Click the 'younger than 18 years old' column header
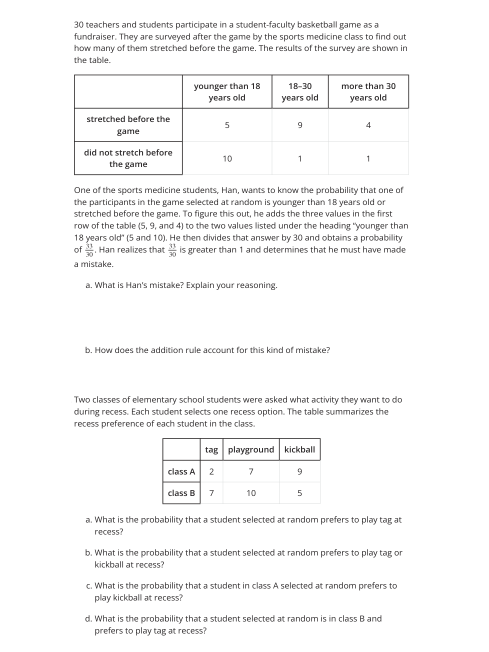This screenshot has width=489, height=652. click(x=227, y=92)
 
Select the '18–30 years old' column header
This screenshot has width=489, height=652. click(x=300, y=92)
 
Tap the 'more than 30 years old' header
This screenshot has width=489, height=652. click(x=368, y=92)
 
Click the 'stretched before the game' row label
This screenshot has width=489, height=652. click(x=128, y=125)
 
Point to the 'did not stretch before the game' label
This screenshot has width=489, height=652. click(x=128, y=158)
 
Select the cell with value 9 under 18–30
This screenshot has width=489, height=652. click(x=300, y=125)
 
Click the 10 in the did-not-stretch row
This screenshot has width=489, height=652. click(x=227, y=158)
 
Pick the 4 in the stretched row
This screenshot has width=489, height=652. click(x=368, y=125)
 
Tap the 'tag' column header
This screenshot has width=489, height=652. click(x=211, y=449)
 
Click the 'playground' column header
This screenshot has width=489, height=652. click(x=251, y=449)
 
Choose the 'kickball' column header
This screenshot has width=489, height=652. click(x=299, y=449)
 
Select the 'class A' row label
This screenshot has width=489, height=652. click(x=181, y=471)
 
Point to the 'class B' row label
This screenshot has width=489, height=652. click(x=181, y=493)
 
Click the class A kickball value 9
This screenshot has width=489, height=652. click(x=299, y=471)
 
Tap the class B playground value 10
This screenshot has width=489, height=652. click(x=251, y=493)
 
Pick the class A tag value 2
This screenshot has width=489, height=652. click(x=211, y=471)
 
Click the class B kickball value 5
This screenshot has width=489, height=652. click(x=299, y=493)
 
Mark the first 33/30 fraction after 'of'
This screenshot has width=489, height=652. click(x=89, y=250)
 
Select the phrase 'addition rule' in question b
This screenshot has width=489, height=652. click(x=161, y=350)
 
